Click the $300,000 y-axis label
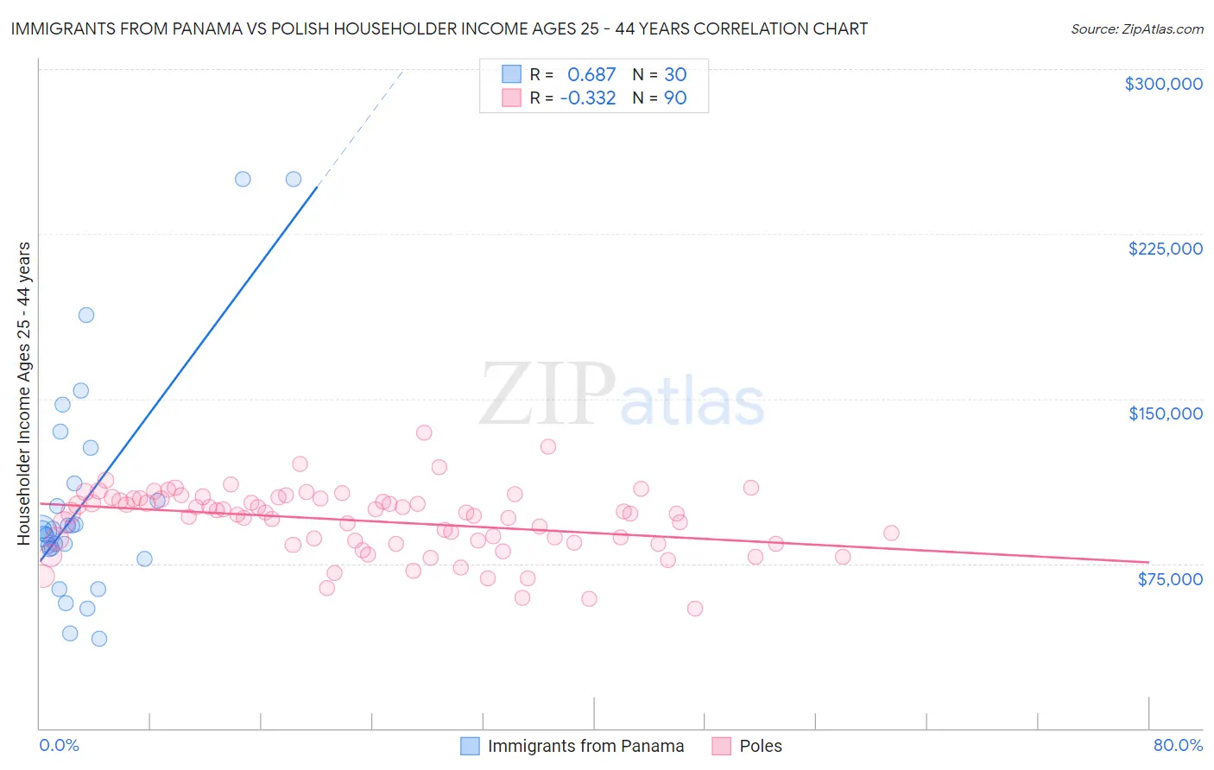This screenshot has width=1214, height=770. click(1163, 84)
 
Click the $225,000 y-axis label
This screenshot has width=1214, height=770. click(1165, 249)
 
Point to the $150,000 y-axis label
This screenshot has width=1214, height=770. click(1165, 413)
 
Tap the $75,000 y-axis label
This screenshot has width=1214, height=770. click(1169, 579)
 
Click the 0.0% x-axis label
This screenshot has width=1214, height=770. click(59, 745)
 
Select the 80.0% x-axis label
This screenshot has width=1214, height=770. click(1178, 745)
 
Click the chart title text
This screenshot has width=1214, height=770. click(439, 28)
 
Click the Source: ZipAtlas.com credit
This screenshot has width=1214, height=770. click(1136, 29)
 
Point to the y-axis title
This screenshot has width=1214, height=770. click(24, 394)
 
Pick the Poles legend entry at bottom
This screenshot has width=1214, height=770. click(760, 746)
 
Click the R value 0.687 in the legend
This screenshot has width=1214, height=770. click(591, 75)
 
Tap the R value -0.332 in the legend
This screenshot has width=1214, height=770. click(588, 98)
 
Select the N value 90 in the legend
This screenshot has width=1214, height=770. click(675, 98)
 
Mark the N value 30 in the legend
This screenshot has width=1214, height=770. click(675, 75)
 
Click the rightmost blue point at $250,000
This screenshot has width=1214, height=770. click(294, 180)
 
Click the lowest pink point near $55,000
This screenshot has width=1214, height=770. click(695, 609)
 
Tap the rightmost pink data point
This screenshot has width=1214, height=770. click(891, 533)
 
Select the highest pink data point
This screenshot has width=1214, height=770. click(424, 432)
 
